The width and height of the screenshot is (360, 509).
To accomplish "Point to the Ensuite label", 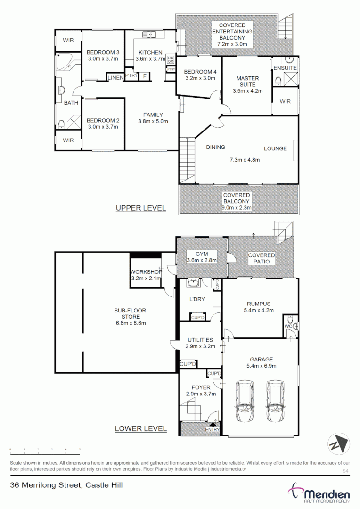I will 285,68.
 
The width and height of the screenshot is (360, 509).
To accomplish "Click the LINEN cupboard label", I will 115,77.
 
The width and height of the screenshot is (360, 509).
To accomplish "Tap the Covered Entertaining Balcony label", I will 235,34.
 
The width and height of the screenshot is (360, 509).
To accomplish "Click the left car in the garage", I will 245,401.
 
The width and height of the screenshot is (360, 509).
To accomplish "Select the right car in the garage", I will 275,401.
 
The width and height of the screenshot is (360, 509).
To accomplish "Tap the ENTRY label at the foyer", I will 213,429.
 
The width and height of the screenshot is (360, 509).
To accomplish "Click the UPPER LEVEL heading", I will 141,208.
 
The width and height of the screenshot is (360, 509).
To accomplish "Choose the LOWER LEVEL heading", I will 140,428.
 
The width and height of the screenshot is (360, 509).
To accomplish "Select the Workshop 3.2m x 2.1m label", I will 146,275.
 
